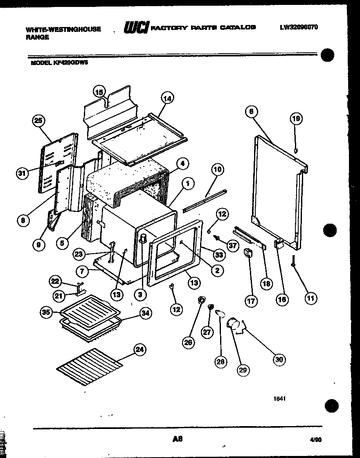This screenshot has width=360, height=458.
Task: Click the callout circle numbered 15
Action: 99,92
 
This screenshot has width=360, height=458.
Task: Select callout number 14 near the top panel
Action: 167,98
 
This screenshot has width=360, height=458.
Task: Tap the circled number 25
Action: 38,120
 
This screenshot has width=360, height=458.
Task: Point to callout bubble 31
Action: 22,173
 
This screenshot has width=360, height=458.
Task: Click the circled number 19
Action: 296,119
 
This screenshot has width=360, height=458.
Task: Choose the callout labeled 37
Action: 233,246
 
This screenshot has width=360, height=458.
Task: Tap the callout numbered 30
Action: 279,359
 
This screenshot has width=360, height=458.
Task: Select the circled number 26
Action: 188,343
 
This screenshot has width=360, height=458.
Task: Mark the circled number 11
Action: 311,298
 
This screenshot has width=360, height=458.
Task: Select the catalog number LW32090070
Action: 299,27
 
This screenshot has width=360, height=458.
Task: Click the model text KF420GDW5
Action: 59,63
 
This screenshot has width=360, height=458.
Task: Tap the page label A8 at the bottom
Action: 177,439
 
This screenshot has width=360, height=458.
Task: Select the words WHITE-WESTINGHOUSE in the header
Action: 63,29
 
